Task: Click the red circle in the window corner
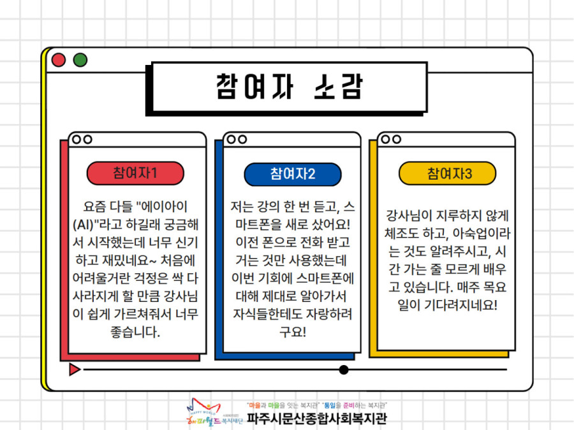[59, 60]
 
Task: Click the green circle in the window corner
[80, 60]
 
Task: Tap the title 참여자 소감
[289, 87]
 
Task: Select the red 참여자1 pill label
[135, 173]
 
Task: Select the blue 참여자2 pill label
[293, 174]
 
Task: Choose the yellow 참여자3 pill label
[447, 173]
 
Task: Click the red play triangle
[75, 369]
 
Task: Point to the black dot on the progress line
[343, 369]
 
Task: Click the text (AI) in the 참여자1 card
[84, 224]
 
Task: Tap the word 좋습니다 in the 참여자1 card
[135, 332]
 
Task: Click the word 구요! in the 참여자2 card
[293, 332]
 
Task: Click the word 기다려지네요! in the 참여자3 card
[460, 305]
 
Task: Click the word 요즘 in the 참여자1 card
[95, 206]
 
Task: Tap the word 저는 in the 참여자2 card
[242, 206]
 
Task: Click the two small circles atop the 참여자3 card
[391, 140]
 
